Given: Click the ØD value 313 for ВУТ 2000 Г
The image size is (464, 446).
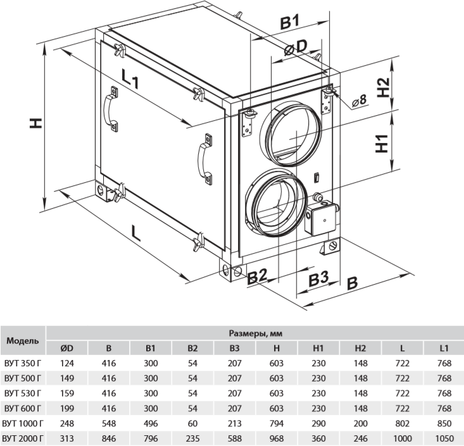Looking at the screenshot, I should [66, 438].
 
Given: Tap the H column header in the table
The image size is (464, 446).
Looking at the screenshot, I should [277, 347].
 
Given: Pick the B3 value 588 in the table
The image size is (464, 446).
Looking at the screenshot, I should [235, 438].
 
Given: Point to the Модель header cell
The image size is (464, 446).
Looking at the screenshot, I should [23, 340].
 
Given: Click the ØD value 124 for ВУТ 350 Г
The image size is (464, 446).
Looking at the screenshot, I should [66, 362].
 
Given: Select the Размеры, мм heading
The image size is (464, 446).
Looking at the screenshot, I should [255, 332].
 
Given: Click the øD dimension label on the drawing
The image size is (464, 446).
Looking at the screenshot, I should [296, 48].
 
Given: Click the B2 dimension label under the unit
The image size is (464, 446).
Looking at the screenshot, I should [259, 276].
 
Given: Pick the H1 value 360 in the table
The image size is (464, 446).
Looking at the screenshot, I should [318, 438].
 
